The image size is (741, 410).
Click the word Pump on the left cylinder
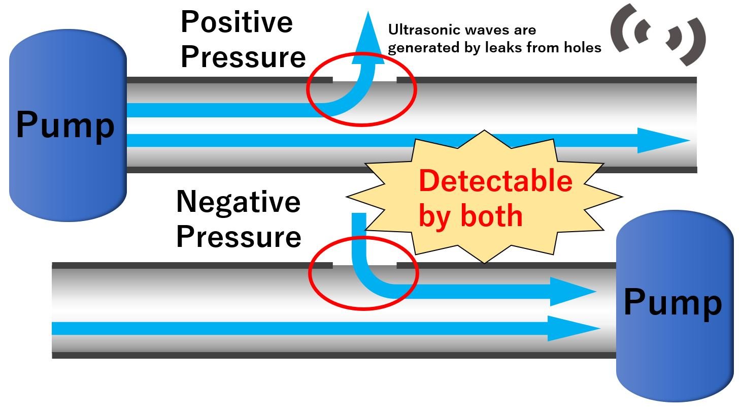(x=65, y=124)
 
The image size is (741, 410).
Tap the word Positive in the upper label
(x=237, y=22)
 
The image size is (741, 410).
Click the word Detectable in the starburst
(x=495, y=181)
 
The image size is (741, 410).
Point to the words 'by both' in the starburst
(x=470, y=215)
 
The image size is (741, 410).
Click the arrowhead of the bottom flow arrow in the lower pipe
(x=574, y=328)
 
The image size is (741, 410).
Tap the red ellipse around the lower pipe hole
(x=310, y=274)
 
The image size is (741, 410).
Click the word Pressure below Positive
(x=243, y=57)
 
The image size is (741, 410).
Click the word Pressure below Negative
(x=239, y=236)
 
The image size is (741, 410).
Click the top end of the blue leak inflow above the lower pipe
(x=359, y=215)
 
